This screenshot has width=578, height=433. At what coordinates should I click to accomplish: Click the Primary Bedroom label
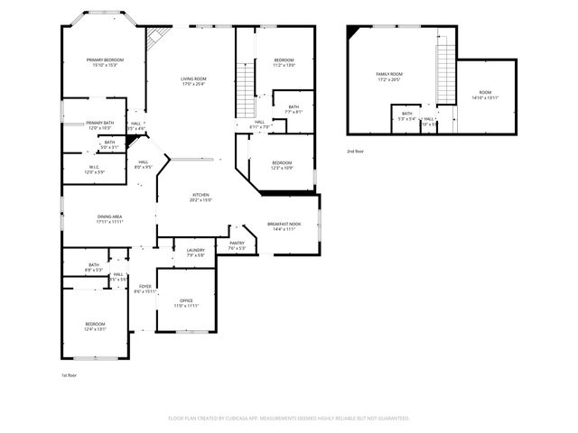105,60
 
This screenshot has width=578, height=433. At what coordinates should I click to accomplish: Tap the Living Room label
193,79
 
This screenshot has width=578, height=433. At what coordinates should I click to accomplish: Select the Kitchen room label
200,196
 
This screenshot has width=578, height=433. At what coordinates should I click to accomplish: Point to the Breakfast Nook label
284,224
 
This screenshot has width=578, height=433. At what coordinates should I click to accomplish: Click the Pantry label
237,244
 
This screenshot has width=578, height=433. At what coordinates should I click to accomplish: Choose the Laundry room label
196,252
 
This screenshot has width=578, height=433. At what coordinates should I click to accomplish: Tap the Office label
186,301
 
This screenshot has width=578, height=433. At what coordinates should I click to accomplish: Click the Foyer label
145,288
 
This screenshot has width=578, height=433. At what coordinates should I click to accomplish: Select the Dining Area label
110,217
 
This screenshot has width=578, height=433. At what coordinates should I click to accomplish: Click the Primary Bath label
100,124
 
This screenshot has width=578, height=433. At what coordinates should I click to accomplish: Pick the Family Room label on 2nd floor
389,75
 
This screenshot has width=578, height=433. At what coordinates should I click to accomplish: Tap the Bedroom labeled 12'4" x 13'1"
96,325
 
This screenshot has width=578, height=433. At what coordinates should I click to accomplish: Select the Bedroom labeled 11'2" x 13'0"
284,61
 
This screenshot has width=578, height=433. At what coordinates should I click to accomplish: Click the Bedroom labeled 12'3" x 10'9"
282,164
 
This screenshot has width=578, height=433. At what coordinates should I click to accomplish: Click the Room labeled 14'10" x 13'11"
485,94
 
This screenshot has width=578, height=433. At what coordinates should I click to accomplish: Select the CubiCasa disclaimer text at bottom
289,418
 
